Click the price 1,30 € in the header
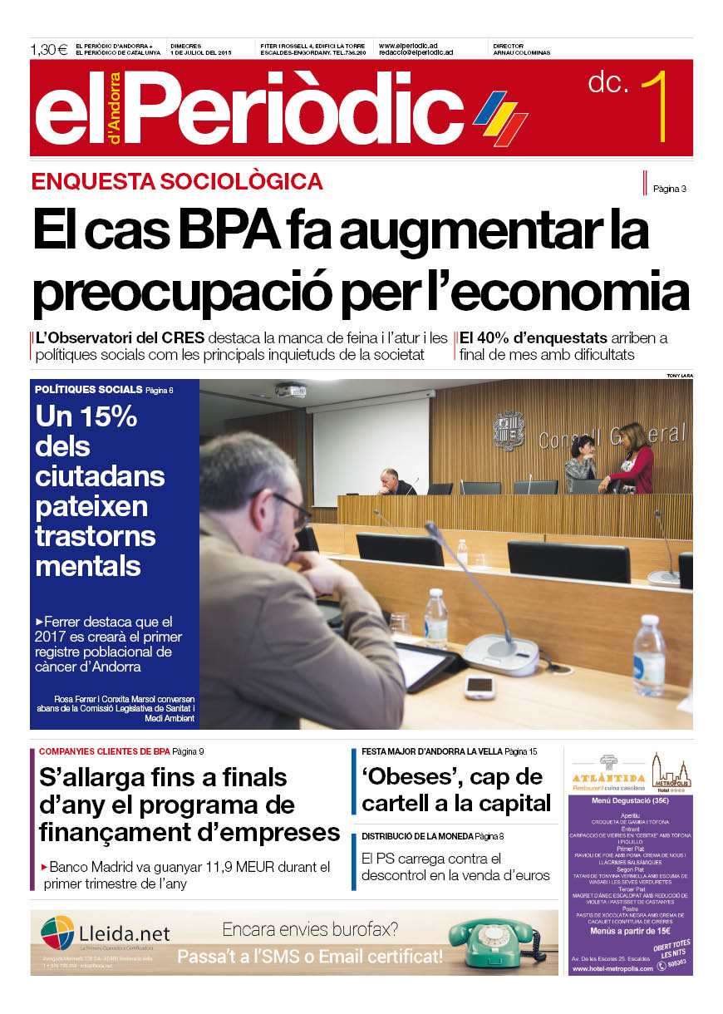(x=49, y=49)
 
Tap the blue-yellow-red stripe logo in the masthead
(x=500, y=117)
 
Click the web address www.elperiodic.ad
(x=408, y=46)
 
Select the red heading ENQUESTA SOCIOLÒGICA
(x=177, y=181)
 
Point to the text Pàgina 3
(x=669, y=189)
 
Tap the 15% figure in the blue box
(x=86, y=416)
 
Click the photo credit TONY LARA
(x=679, y=376)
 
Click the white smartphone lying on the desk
(x=480, y=686)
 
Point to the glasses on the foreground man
(x=293, y=506)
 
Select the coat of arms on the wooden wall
(x=508, y=431)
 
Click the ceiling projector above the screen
(x=290, y=390)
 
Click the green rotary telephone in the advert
(x=495, y=941)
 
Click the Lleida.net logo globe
(x=57, y=933)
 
